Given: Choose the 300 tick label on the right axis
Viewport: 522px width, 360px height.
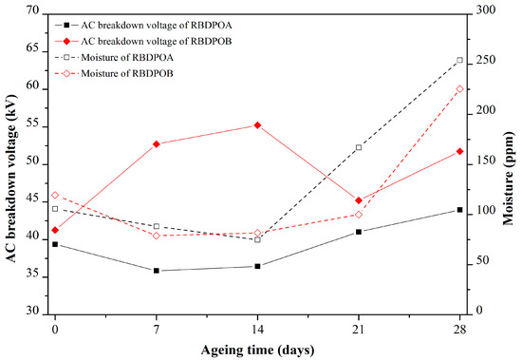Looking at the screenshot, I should [x=482, y=12].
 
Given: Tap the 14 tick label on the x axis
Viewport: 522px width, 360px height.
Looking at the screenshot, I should [x=257, y=327].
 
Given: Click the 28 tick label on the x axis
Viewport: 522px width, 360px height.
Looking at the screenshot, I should [x=459, y=327].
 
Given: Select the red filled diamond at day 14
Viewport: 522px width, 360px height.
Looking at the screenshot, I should [x=257, y=125].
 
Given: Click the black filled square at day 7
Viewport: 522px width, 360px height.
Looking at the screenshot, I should [x=157, y=271].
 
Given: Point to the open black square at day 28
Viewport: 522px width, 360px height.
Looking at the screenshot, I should [x=459, y=60].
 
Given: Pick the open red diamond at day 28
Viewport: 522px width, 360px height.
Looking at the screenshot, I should [x=459, y=89].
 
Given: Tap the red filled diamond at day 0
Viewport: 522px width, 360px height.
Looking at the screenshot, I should [x=55, y=230].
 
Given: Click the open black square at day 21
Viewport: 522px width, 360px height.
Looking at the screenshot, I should [x=359, y=147].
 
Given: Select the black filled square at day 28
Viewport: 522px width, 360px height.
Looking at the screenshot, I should [x=459, y=210].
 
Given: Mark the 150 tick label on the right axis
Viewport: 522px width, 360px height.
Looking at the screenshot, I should [x=482, y=161].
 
